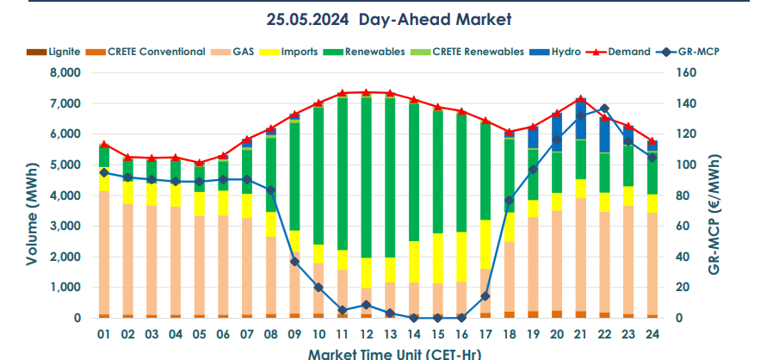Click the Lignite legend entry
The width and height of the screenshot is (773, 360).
click(x=65, y=52)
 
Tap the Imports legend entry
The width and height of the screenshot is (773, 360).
click(x=299, y=52)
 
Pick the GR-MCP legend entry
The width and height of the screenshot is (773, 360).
click(x=696, y=52)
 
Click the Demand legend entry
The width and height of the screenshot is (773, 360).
click(x=628, y=52)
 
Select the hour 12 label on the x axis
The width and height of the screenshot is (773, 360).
click(x=366, y=333)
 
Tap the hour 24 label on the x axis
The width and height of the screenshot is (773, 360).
click(x=652, y=333)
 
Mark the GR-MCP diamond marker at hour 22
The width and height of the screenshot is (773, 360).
click(x=604, y=109)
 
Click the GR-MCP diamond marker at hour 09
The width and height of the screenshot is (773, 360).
click(x=294, y=261)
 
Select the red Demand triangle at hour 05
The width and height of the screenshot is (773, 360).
click(x=200, y=162)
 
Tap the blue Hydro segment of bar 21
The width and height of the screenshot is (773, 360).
click(x=580, y=121)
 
